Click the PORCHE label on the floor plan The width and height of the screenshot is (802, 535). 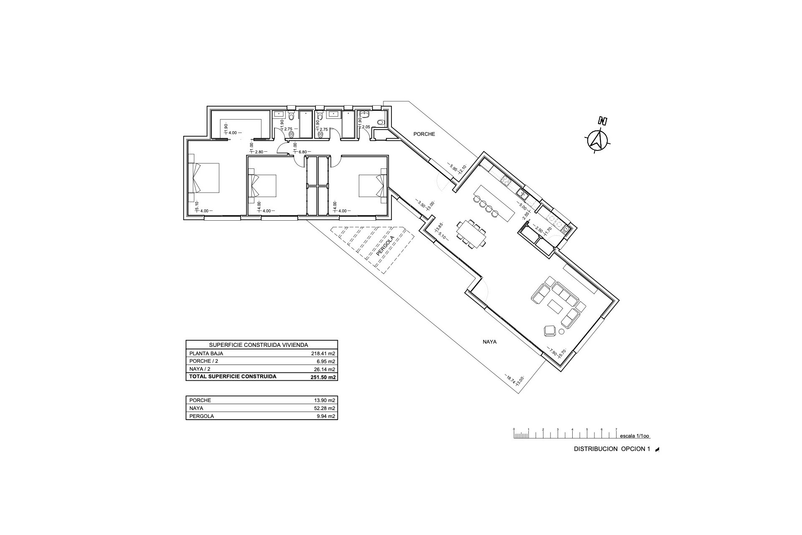click(424, 134)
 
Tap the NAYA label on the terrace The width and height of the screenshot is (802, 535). click(490, 341)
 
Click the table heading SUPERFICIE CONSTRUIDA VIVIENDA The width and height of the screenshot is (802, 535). click(259, 345)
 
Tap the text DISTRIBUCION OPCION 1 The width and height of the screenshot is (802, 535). click(612, 449)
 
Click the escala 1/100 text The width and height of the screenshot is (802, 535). click(634, 436)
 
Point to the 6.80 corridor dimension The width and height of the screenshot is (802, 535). click(303, 152)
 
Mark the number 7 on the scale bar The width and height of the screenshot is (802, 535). click(616, 429)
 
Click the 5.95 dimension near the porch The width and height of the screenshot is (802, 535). click(453, 168)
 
